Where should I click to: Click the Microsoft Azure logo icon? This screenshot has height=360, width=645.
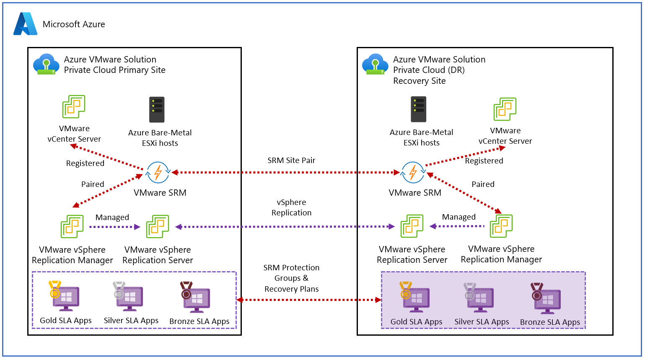click(x=25, y=24)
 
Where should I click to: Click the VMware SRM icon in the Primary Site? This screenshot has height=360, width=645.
click(x=158, y=172)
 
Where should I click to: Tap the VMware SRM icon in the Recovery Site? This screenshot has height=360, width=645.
click(x=413, y=172)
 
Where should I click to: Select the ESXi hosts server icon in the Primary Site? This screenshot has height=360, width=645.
click(x=157, y=109)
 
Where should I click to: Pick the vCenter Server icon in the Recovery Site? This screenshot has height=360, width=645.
click(x=505, y=109)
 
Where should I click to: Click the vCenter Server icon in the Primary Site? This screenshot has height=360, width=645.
click(x=74, y=106)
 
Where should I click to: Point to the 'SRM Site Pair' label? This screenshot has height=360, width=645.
click(x=291, y=161)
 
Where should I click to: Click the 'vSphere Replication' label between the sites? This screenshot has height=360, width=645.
click(x=291, y=207)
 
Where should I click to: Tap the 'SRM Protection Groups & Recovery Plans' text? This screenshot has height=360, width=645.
click(x=291, y=278)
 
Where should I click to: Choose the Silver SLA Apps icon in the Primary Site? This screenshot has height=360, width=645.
click(x=129, y=297)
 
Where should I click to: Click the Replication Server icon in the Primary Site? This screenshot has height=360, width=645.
click(x=158, y=226)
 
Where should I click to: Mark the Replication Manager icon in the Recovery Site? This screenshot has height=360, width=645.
click(x=501, y=226)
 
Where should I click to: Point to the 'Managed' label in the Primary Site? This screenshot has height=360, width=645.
click(x=112, y=218)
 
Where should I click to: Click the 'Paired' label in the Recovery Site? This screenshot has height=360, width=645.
click(x=483, y=184)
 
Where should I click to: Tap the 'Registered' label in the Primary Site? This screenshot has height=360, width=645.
click(x=85, y=163)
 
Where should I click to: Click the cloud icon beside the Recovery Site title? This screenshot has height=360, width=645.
click(x=375, y=64)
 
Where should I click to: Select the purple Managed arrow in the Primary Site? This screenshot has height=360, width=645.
click(x=114, y=227)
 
